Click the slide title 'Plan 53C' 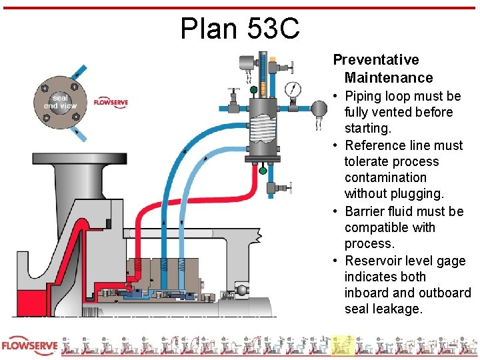pos(239,28)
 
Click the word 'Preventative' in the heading pos(376,60)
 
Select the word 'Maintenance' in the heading pos(389,78)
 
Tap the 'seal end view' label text pos(60,101)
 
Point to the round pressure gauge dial pos(292,89)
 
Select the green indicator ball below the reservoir pos(262,171)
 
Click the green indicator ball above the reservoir pos(254,89)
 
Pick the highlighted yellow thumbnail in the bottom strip pos(343,345)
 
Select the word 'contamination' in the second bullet pos(385,177)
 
